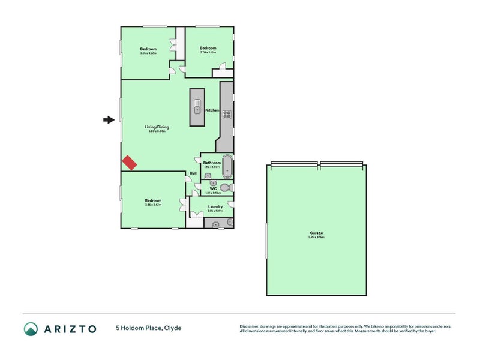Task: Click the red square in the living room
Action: click(x=130, y=162)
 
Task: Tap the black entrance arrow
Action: click(x=109, y=120)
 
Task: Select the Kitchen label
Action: click(x=212, y=110)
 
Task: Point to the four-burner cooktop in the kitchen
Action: click(x=227, y=115)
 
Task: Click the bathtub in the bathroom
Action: click(x=227, y=166)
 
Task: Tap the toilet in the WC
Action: click(x=225, y=188)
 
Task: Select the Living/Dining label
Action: click(x=156, y=127)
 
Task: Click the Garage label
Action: click(x=316, y=233)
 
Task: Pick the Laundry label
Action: click(x=215, y=206)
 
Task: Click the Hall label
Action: click(x=193, y=174)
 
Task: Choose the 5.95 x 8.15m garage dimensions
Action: click(x=316, y=238)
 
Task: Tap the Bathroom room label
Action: click(x=212, y=163)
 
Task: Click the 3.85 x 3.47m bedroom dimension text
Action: click(x=153, y=205)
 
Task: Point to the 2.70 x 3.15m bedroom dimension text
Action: click(x=208, y=53)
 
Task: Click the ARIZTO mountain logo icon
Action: click(x=31, y=328)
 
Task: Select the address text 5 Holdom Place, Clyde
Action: click(x=149, y=328)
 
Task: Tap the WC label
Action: click(x=212, y=188)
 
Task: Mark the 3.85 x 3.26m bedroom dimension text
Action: click(x=148, y=53)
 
